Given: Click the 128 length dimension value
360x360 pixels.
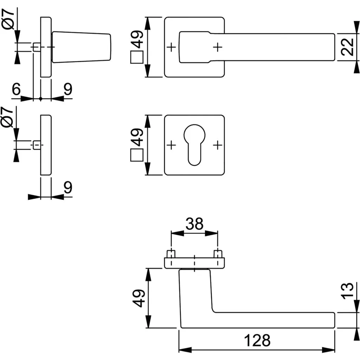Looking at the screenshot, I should (258, 340).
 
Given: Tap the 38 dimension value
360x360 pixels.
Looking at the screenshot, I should (194, 224).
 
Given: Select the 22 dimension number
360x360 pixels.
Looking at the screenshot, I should (347, 47).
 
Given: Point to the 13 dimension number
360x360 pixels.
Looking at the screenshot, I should (347, 291).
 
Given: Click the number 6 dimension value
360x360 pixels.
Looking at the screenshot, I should (16, 90).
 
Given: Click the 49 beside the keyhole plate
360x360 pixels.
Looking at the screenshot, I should (137, 137).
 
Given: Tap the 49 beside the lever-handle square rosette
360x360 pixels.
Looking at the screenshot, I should (137, 40).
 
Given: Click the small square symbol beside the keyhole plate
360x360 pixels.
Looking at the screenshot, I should (137, 155).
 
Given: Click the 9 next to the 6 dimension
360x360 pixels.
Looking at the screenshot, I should (67, 90).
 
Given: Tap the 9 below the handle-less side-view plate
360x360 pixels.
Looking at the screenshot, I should (67, 188).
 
